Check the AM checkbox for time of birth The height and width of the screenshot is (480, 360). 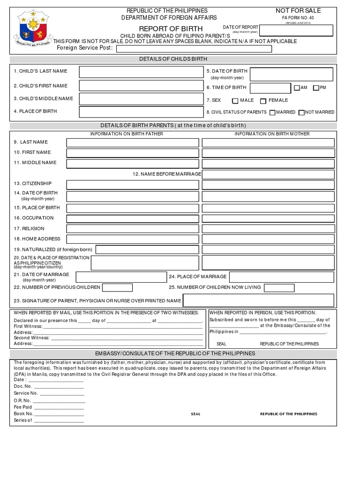(297, 88)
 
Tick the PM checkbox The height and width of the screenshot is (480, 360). (316, 88)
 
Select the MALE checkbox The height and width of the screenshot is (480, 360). (235, 101)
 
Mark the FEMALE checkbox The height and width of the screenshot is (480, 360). (263, 101)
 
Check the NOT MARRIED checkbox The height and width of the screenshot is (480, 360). (301, 112)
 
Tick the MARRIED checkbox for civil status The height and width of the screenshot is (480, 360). (272, 112)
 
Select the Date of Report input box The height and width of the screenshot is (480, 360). (296, 30)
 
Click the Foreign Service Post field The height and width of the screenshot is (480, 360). (194, 49)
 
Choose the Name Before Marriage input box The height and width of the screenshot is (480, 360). (268, 174)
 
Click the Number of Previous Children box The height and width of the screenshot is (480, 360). (117, 287)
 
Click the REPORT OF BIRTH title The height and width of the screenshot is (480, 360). (171, 29)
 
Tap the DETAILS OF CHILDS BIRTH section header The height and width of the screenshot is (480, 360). (173, 59)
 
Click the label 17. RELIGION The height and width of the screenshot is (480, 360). (29, 229)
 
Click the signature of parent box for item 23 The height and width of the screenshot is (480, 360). (258, 300)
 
